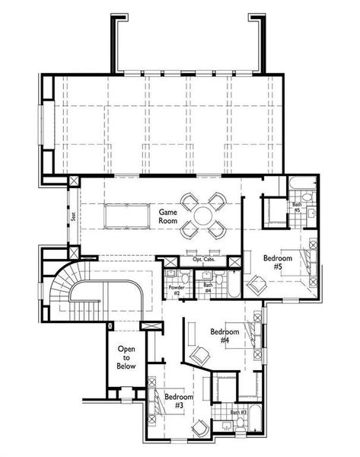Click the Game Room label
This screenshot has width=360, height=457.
point(167,216)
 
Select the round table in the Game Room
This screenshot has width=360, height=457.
point(204,216)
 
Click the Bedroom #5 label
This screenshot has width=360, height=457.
point(277,264)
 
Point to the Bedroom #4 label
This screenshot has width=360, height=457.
point(225,337)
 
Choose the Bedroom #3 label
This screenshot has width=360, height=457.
point(178,401)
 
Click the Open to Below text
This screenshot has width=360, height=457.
point(126,357)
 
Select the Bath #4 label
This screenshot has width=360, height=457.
point(207,288)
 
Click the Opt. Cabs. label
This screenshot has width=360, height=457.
point(203,260)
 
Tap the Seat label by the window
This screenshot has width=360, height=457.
point(73,216)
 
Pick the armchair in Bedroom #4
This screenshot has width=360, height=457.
point(200,355)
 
